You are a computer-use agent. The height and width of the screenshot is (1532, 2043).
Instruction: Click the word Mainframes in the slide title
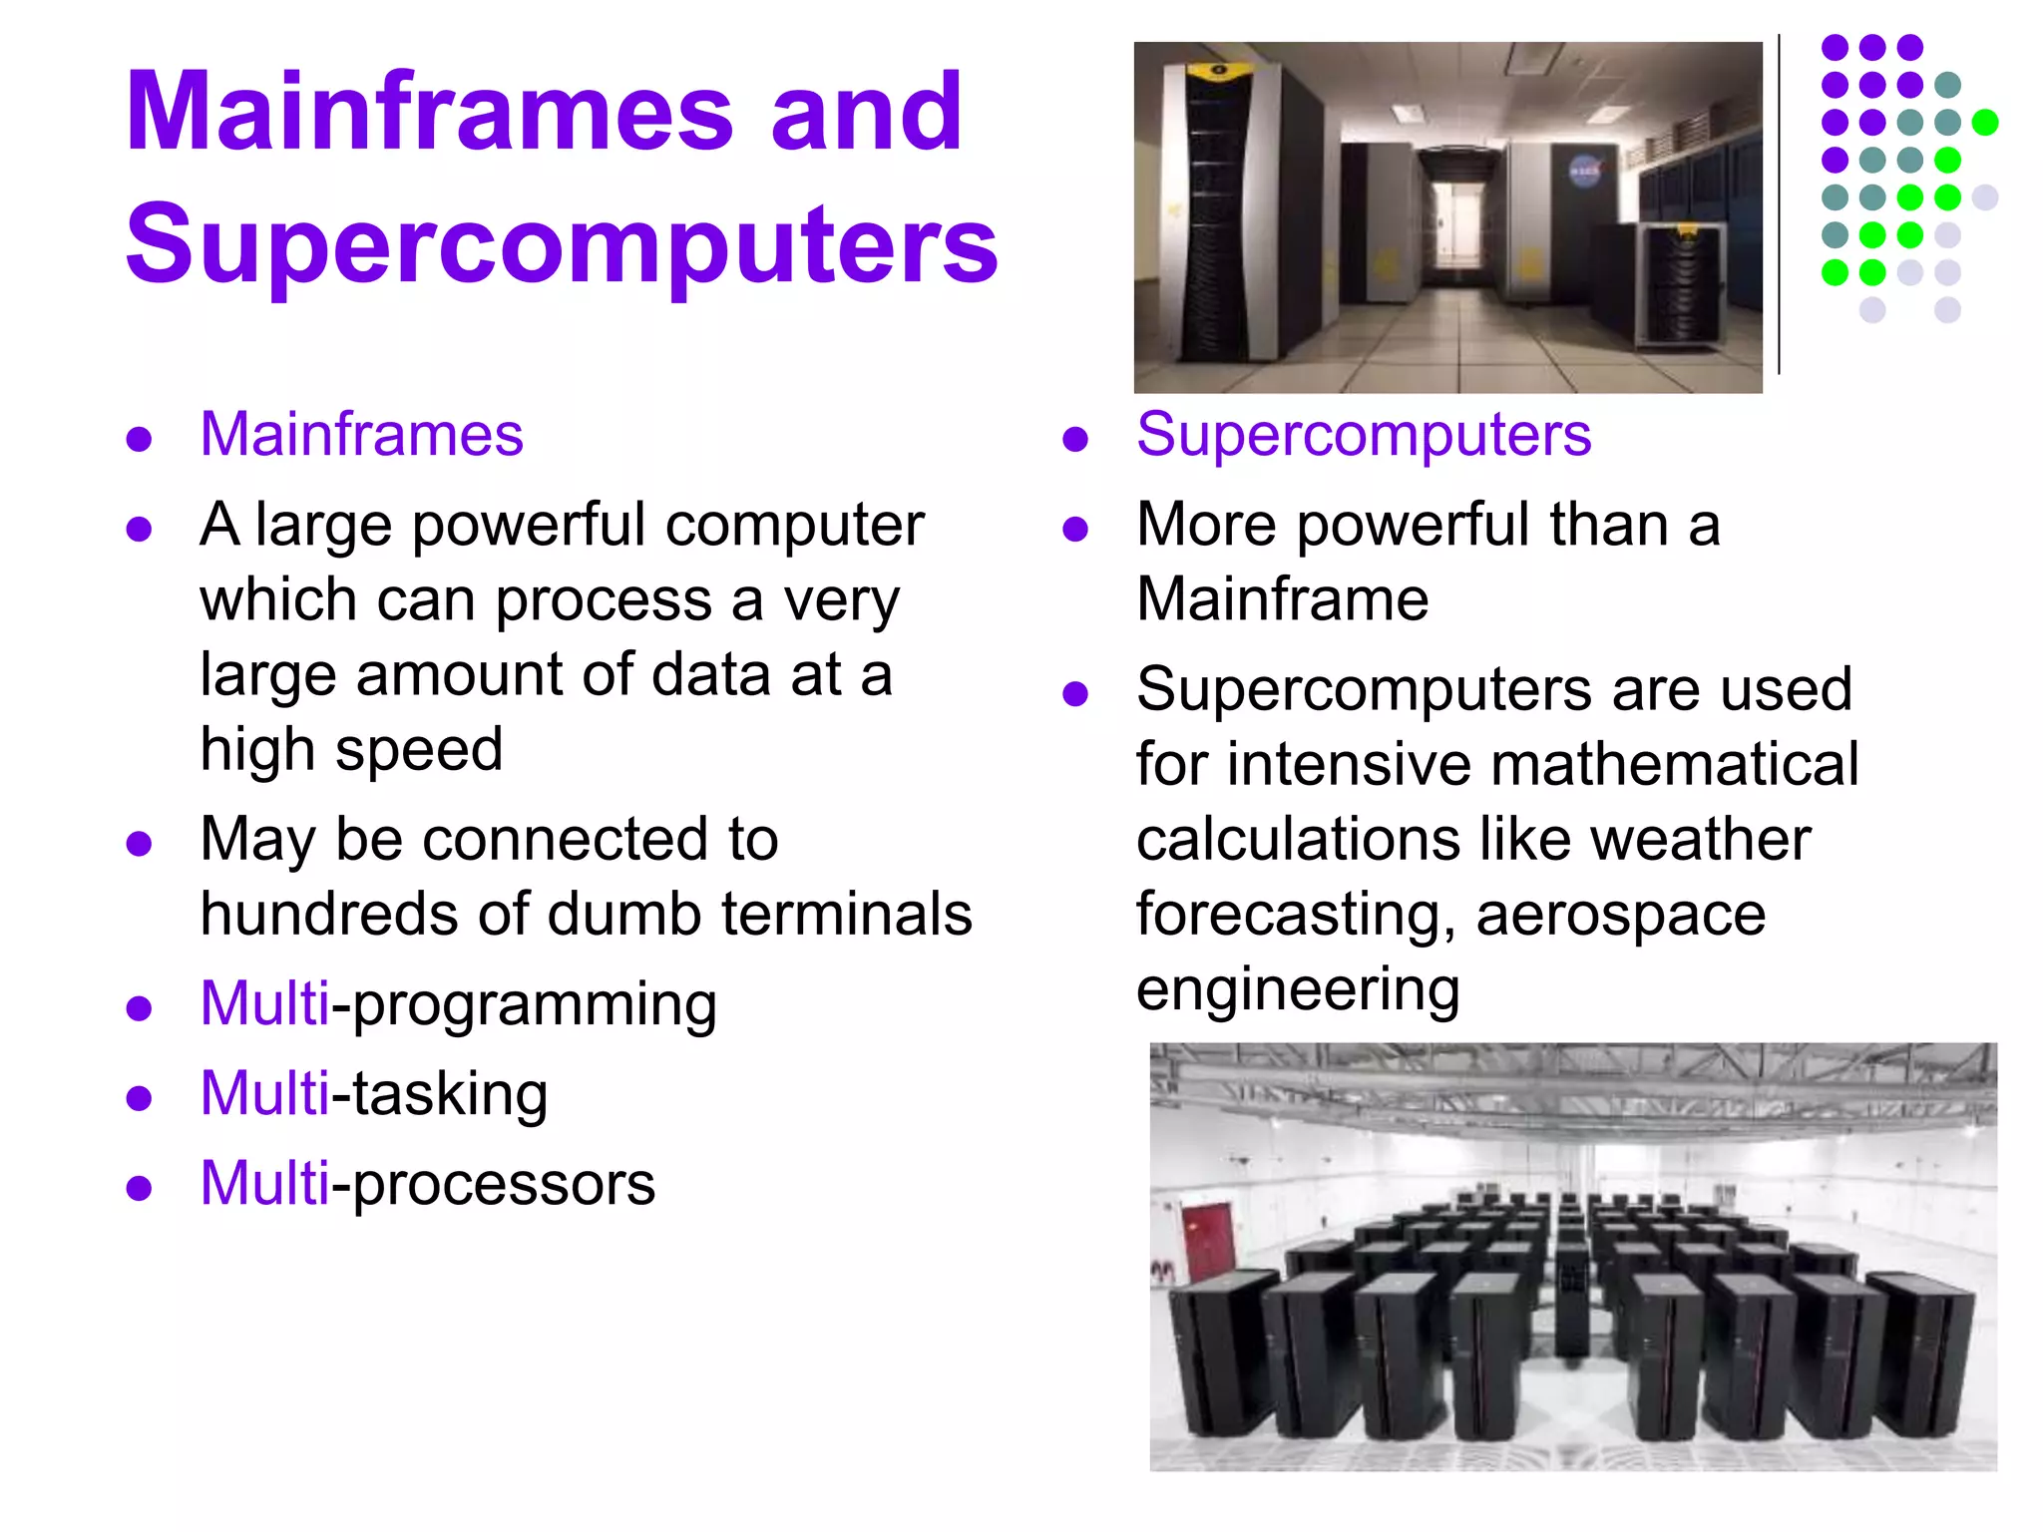430,112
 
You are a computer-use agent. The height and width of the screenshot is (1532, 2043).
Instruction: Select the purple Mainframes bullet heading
361,435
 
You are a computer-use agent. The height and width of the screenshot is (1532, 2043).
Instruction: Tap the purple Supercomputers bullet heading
1363,435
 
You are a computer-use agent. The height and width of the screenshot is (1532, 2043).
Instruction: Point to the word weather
1699,839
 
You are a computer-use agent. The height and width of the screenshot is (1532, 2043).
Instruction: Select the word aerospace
1620,914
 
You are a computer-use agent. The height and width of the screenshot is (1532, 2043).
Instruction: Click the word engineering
1297,989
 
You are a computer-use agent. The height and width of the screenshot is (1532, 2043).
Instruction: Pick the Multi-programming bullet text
458,1004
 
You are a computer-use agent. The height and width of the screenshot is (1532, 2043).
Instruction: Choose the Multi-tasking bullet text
373,1094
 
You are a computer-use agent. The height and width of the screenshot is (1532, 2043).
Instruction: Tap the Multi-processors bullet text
427,1184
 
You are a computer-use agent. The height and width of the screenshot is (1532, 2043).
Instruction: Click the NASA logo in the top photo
1584,172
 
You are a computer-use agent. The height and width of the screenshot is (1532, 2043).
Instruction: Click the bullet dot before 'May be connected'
139,844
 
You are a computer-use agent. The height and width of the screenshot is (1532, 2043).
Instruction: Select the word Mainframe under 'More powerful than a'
1282,599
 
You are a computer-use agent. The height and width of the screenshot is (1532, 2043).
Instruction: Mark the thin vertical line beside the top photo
1779,204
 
